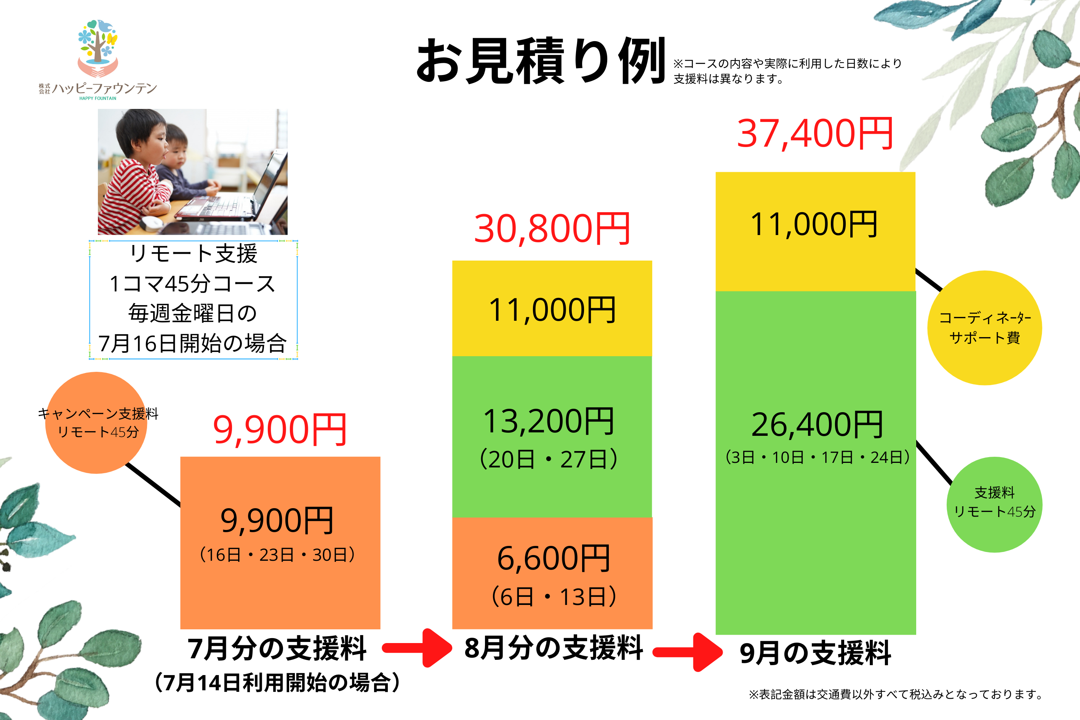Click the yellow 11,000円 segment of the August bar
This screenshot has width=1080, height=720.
point(552,309)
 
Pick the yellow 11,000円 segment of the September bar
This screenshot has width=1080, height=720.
point(815,232)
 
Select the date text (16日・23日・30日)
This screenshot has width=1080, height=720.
point(277,555)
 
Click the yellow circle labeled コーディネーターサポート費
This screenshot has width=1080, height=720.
point(984,328)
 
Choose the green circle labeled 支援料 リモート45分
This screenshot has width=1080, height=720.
point(995,505)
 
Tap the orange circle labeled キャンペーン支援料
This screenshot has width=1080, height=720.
point(96,422)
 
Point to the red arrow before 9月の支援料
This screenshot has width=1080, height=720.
point(687,652)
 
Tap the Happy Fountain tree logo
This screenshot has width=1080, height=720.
point(98,48)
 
